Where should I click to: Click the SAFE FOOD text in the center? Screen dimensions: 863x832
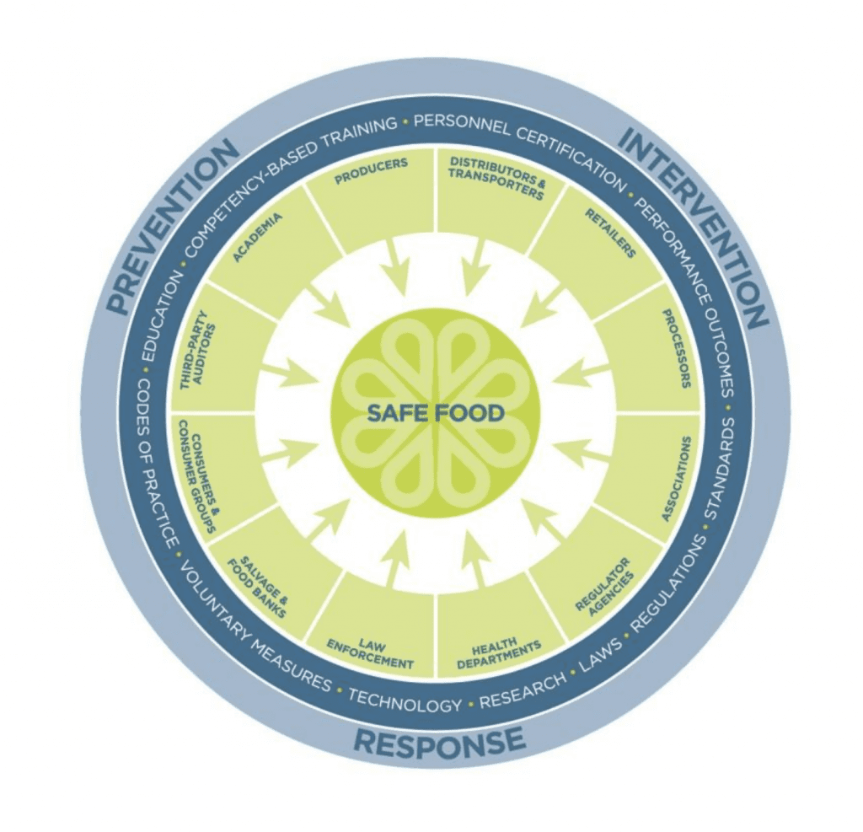click(436, 412)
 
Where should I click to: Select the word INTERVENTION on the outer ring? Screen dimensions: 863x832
click(694, 224)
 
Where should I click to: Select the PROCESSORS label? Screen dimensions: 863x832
click(675, 348)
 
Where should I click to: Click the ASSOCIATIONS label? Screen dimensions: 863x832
click(675, 479)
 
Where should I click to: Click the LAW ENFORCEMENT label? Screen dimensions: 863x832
click(370, 653)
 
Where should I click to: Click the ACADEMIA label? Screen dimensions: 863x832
click(258, 238)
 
